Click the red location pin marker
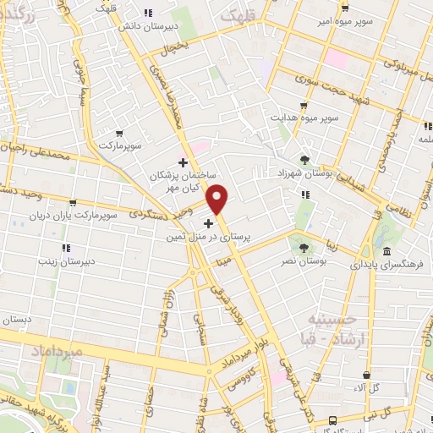point(218,199)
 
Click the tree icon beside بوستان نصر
point(304,246)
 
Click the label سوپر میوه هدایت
point(304,117)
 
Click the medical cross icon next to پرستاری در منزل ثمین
point(209,223)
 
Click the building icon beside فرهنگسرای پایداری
point(386,253)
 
